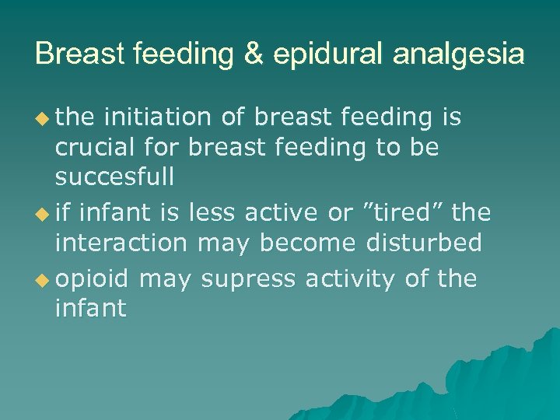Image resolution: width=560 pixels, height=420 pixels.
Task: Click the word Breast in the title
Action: pyautogui.click(x=77, y=54)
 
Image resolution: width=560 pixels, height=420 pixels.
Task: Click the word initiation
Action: pyautogui.click(x=156, y=117)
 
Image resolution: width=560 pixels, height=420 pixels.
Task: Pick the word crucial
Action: pyautogui.click(x=93, y=148)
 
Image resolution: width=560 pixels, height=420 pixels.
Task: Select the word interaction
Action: pyautogui.click(x=121, y=243)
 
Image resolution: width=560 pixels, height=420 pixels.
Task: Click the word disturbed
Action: pyautogui.click(x=423, y=243)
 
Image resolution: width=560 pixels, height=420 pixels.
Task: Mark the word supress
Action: pyautogui.click(x=253, y=279)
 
